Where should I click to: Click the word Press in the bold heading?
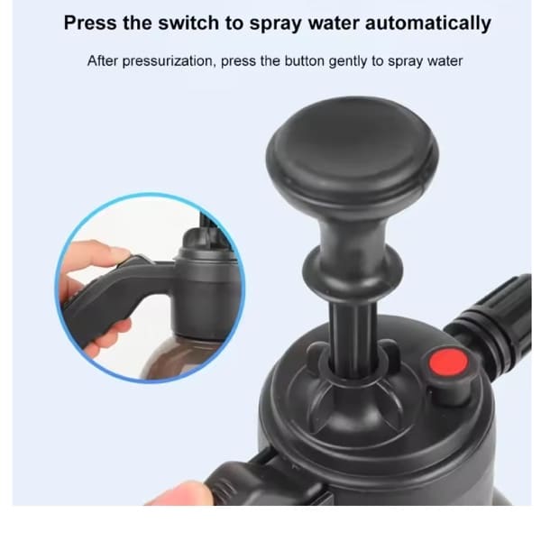tap(95, 23)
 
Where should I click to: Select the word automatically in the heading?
tap(428, 23)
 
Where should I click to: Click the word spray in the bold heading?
tap(289, 23)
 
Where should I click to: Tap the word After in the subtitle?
tap(105, 62)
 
